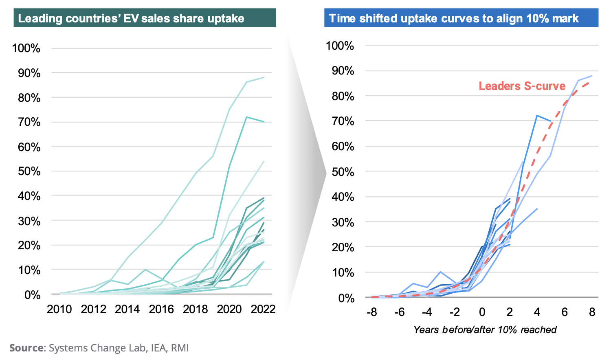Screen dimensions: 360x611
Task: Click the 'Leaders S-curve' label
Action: coord(522,86)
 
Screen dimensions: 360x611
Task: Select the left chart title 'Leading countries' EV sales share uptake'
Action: coord(131,19)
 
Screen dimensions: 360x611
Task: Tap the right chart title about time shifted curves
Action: coord(454,19)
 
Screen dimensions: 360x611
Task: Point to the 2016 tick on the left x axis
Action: coord(161,310)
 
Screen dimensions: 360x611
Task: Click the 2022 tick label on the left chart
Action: coord(263,310)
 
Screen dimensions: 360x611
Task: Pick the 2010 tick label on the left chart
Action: coord(59,310)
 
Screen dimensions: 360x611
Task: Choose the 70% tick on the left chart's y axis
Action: coord(29,122)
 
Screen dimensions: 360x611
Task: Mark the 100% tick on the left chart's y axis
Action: coord(26,48)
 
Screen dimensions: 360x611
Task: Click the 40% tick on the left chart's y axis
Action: coord(29,196)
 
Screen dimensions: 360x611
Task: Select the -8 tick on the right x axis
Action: coord(371,312)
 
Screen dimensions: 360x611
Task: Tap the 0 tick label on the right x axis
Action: coord(482,312)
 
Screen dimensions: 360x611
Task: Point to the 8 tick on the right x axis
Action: coord(592,312)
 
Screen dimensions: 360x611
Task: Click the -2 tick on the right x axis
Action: coord(455,312)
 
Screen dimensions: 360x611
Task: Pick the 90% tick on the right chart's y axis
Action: coord(343,71)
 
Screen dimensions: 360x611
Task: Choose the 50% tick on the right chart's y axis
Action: coord(343,172)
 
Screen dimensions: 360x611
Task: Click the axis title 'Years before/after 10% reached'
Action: coord(485,330)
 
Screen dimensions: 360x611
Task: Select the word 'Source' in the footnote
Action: coord(26,348)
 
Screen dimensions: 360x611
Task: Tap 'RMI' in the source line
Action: coord(180,348)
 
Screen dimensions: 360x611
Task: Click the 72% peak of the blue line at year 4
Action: coord(537,116)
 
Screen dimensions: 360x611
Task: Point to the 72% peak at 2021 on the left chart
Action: coord(246,117)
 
